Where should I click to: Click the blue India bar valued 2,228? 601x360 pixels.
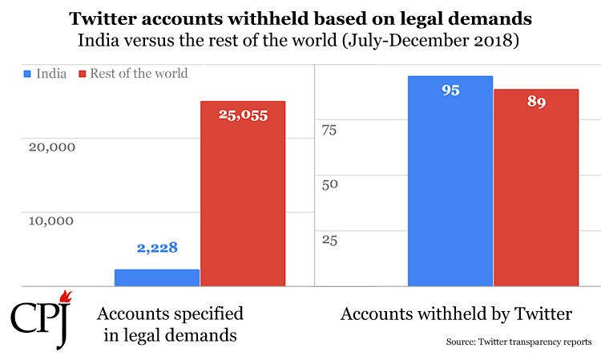[157, 277]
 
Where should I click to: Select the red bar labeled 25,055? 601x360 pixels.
[243, 193]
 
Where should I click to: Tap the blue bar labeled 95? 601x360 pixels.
[450, 181]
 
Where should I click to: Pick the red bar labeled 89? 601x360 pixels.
[536, 188]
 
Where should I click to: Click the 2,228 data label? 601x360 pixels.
[157, 248]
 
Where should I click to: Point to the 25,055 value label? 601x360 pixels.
[243, 115]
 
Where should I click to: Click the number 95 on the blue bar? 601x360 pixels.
[450, 90]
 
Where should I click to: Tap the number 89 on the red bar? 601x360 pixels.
[536, 102]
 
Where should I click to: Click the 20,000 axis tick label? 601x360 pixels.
[52, 147]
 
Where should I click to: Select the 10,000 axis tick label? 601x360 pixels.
[51, 220]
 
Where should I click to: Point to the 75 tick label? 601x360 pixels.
[329, 131]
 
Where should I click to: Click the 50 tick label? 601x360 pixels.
[329, 184]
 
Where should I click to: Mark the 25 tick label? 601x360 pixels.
[329, 241]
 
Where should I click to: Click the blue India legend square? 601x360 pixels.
[27, 74]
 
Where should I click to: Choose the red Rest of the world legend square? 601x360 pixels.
[83, 74]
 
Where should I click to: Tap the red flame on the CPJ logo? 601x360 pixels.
[66, 296]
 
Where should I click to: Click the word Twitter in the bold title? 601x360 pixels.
[103, 18]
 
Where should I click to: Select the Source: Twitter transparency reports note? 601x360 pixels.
[519, 342]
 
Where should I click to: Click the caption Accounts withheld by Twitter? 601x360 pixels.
[456, 313]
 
